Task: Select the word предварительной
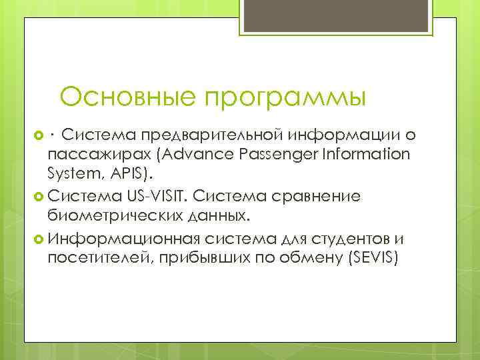point(213,136)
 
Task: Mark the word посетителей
point(98,258)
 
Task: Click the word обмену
point(305,258)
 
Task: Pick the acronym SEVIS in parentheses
point(371,258)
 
